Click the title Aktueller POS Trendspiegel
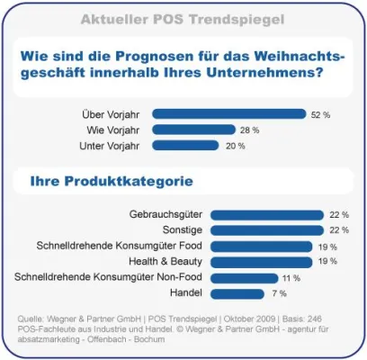coord(184,19)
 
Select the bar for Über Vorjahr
coord(229,114)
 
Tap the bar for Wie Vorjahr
coord(194,130)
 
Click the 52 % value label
coord(320,115)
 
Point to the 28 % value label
coord(250,130)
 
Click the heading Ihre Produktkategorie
coord(112,181)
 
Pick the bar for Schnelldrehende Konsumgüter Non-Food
coord(244,277)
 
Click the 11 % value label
coord(291,278)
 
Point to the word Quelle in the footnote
coord(33,319)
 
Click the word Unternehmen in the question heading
coord(261,74)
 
